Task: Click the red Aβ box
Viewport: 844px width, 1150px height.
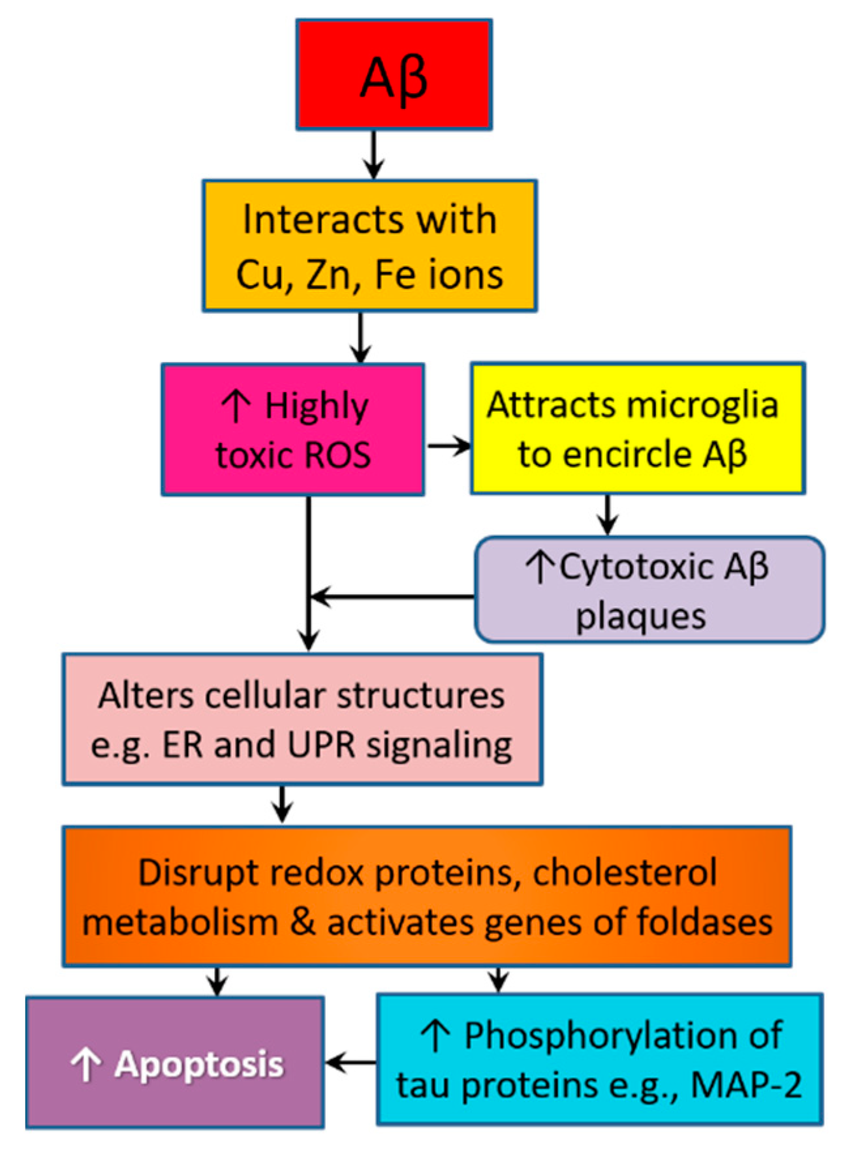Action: pyautogui.click(x=394, y=74)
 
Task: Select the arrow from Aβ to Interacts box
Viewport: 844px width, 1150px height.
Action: pyautogui.click(x=373, y=154)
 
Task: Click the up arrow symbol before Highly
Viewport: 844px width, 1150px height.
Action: pyautogui.click(x=235, y=406)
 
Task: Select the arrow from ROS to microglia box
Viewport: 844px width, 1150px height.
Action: pyautogui.click(x=448, y=446)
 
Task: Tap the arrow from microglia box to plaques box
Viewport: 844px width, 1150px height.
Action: pyautogui.click(x=608, y=515)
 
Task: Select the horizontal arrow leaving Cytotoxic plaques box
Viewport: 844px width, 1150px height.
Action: pyautogui.click(x=392, y=596)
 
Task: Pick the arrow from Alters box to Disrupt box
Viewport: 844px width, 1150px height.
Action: pyautogui.click(x=282, y=804)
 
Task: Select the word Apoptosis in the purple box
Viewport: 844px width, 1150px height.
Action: pyautogui.click(x=198, y=1065)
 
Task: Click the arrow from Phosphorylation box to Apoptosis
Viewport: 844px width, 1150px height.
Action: pyautogui.click(x=351, y=1063)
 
